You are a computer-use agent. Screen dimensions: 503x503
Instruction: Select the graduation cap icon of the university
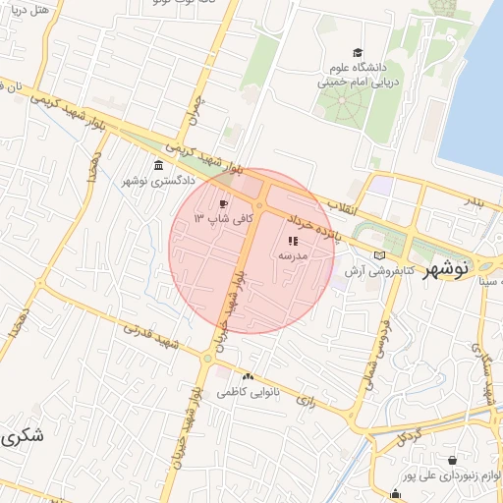click(358, 52)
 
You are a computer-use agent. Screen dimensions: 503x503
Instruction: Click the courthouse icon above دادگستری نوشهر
click(159, 164)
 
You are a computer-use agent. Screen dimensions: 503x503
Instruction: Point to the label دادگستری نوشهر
click(159, 181)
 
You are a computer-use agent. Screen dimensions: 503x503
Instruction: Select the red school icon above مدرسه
click(292, 240)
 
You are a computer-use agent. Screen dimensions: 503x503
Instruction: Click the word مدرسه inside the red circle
click(293, 255)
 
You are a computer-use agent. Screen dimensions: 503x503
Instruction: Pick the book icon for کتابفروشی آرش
click(379, 254)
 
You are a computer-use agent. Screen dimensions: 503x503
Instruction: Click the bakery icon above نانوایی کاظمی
click(248, 376)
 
